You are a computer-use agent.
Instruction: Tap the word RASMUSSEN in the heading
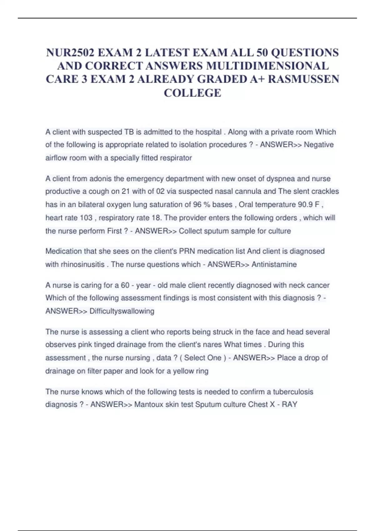pyautogui.click(x=303, y=79)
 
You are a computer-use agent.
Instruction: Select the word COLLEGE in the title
pyautogui.click(x=192, y=93)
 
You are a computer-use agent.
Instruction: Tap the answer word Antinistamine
pyautogui.click(x=274, y=264)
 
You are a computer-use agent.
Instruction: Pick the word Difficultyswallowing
pyautogui.click(x=122, y=311)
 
